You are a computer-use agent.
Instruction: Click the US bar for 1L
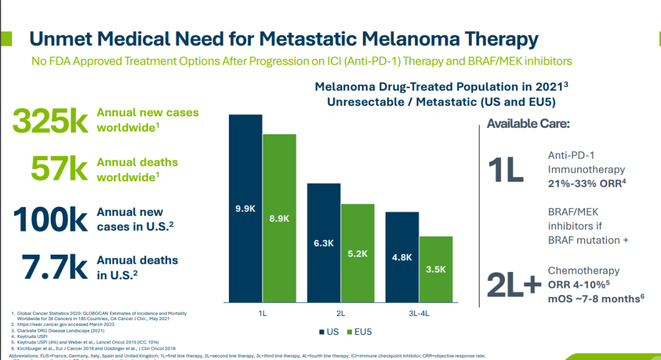click(x=245, y=208)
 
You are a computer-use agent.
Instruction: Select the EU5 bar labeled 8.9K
click(x=279, y=218)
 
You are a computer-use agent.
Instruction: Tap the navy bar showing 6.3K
click(x=323, y=242)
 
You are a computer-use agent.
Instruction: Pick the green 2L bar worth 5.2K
click(x=357, y=253)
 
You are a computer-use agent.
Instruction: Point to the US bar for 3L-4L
click(x=401, y=257)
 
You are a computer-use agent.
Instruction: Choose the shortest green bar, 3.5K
click(x=436, y=269)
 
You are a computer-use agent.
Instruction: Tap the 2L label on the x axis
click(x=340, y=313)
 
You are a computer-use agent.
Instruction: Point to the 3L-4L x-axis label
click(x=419, y=313)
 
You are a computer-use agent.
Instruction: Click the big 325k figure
click(x=51, y=121)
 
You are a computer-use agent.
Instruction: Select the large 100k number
click(x=51, y=219)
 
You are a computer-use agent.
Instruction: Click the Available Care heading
click(x=528, y=124)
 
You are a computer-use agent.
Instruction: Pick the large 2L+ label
click(x=513, y=284)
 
